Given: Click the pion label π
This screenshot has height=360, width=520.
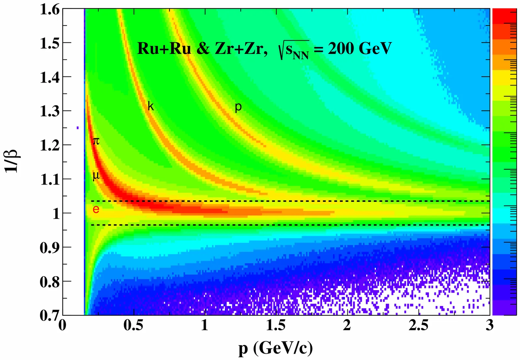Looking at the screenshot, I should (96, 141).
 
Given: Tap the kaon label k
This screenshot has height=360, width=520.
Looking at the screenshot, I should (150, 106).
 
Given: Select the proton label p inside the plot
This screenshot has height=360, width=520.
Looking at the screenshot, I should (238, 107).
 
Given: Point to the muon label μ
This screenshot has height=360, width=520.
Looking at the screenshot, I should (96, 176).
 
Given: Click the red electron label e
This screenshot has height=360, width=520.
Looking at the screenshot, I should (96, 209).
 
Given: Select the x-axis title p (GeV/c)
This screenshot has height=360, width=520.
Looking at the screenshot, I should (276, 348).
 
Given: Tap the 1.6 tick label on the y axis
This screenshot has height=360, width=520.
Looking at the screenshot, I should (50, 10).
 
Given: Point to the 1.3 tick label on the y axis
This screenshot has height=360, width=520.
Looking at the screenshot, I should (50, 111).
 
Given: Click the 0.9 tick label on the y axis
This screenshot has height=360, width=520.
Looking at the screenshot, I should (50, 248).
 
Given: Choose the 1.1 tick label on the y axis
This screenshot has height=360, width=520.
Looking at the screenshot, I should (50, 179).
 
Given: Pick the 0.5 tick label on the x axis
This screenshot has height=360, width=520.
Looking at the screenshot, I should (134, 325).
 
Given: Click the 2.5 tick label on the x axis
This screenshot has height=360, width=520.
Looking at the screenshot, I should (418, 325).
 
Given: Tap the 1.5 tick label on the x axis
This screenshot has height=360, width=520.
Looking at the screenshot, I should (276, 325).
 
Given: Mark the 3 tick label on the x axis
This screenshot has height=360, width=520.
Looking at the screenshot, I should (489, 325).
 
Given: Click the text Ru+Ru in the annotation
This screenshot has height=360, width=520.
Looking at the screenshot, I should (164, 49).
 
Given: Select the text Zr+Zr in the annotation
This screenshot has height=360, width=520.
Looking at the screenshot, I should (241, 49).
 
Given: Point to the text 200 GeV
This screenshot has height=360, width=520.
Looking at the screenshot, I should (359, 49).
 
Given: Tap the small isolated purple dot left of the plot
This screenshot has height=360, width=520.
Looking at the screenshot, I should (77, 128).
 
